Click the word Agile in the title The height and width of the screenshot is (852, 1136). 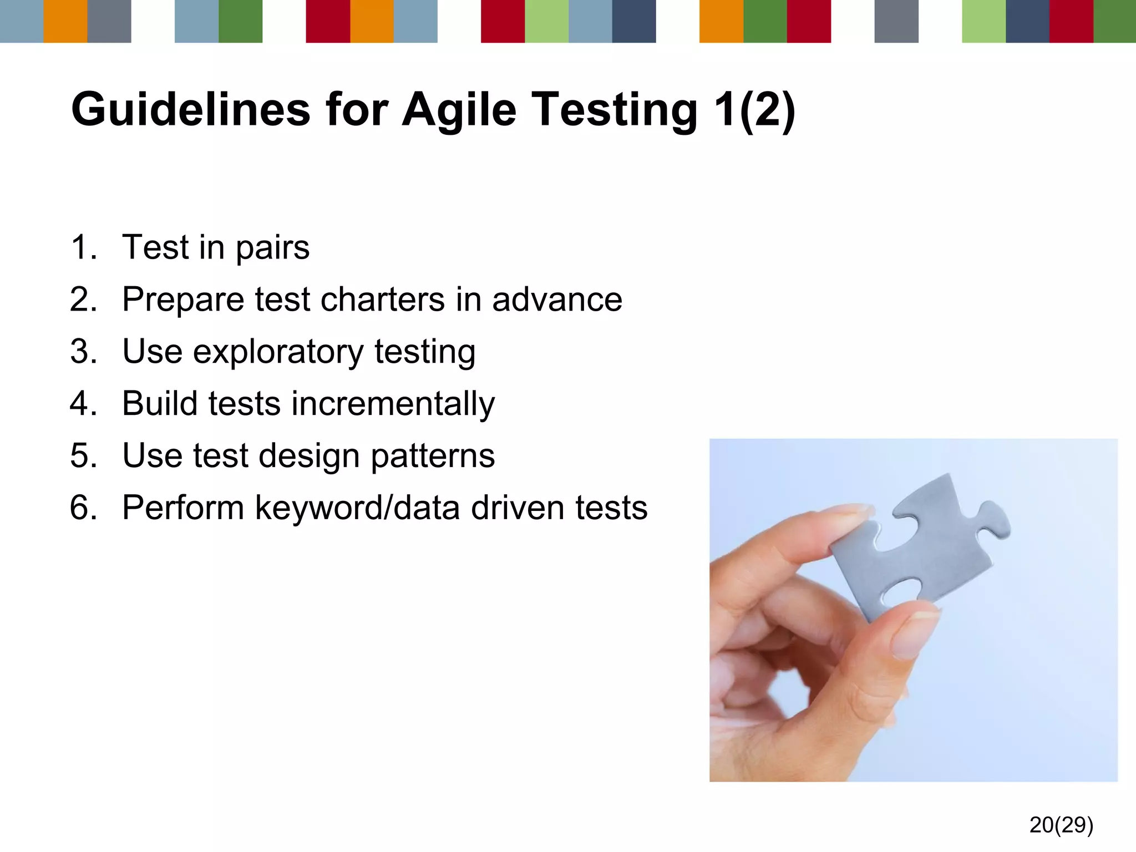[459, 110]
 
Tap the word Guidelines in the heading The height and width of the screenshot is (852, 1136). [190, 109]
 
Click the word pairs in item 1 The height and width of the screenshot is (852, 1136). [272, 248]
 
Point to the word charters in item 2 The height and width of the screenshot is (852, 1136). [383, 300]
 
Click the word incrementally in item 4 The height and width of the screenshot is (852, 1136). [393, 403]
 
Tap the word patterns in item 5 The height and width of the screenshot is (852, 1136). [432, 456]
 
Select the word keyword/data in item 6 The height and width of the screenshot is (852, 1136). [357, 508]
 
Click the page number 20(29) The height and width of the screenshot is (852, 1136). [1061, 825]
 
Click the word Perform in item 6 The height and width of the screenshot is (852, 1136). [183, 508]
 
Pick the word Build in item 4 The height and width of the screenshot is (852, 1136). [160, 403]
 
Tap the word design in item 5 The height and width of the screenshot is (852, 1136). [309, 456]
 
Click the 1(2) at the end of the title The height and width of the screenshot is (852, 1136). [754, 110]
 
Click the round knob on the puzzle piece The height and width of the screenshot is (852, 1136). [996, 519]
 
